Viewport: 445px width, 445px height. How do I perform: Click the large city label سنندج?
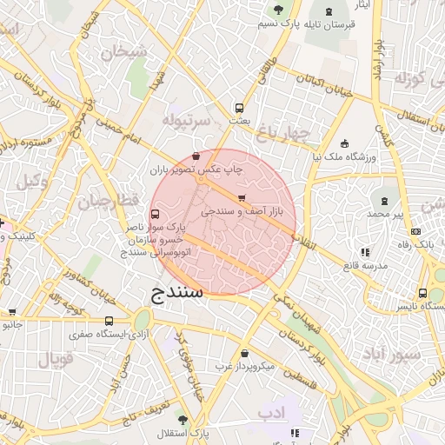[x=177, y=291]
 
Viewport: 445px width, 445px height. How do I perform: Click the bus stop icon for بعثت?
[x=238, y=109]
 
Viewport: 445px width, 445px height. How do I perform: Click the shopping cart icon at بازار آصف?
[x=242, y=198]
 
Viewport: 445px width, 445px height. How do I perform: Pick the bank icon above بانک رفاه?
[x=415, y=231]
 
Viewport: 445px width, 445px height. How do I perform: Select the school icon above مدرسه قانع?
[x=364, y=252]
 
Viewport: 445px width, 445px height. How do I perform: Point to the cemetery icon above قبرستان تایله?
[x=278, y=10]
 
